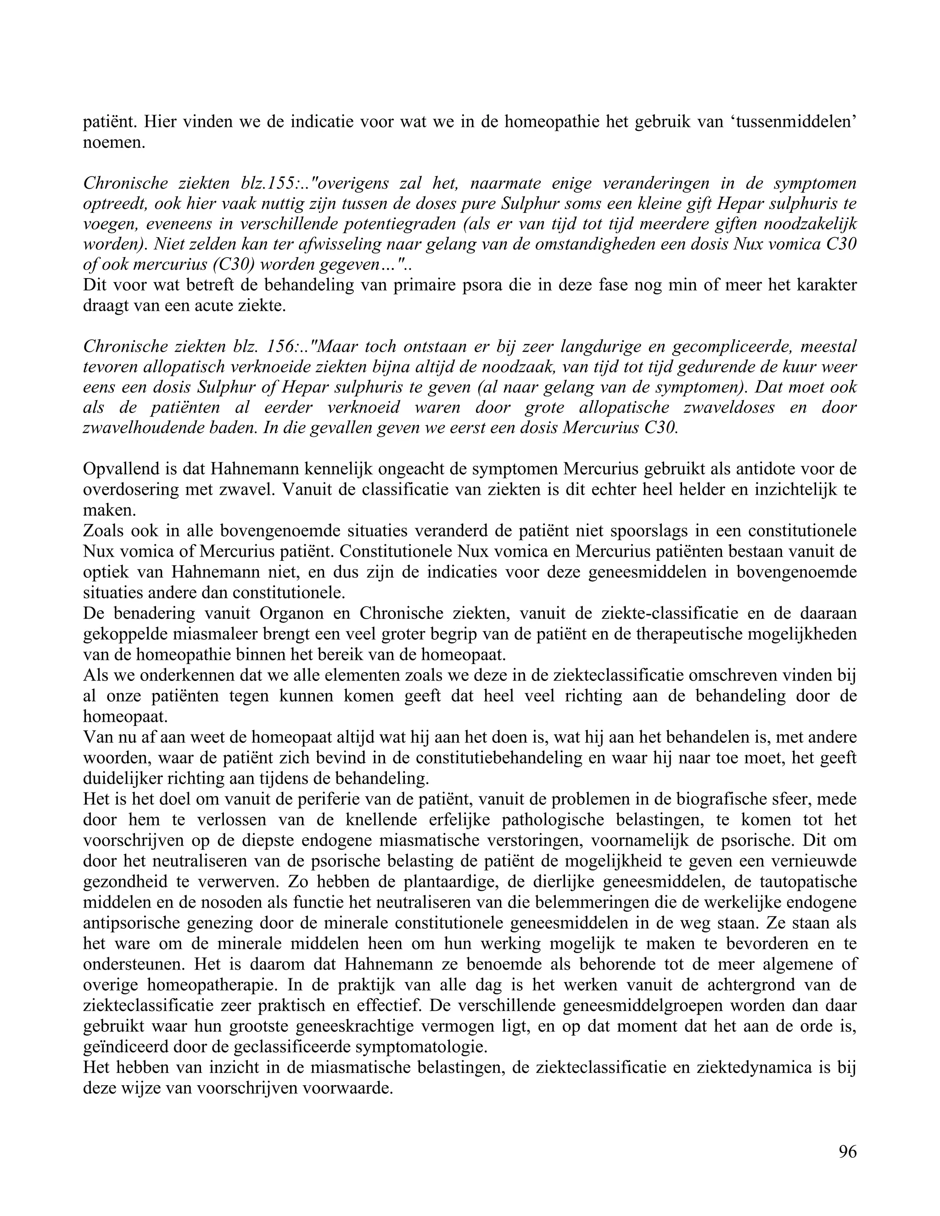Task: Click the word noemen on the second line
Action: click(x=114, y=143)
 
